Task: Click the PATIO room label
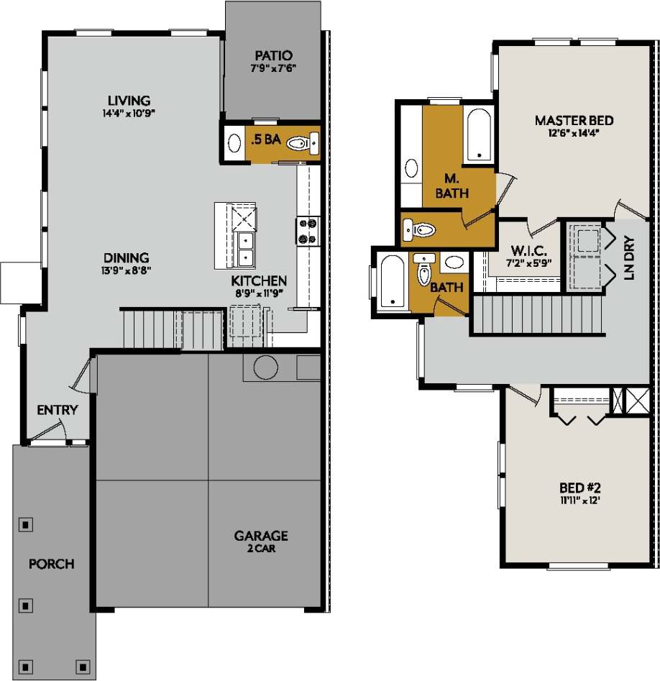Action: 273,55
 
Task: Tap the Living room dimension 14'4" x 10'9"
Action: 129,113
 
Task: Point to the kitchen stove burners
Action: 307,231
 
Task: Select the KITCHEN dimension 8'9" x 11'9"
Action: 259,293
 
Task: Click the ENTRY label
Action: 57,410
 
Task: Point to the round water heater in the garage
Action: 265,367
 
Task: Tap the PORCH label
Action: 51,564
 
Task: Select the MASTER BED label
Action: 574,120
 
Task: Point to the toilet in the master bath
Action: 422,230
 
